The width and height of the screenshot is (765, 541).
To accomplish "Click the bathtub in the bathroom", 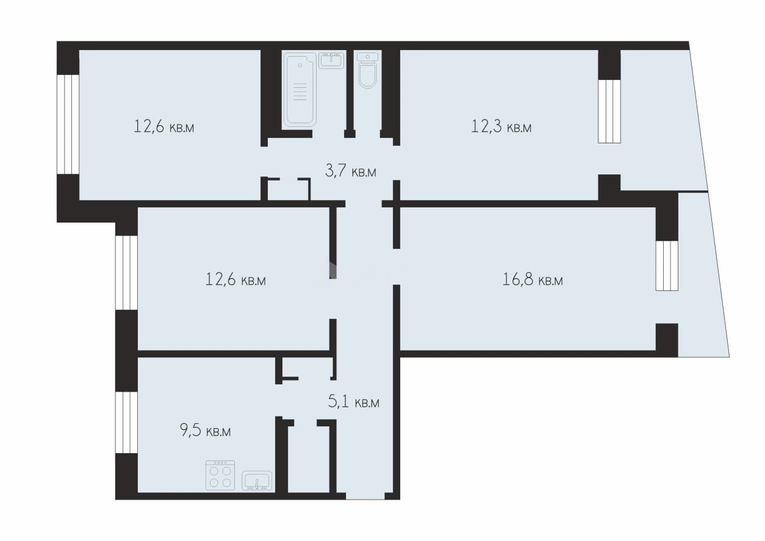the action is pos(300,90).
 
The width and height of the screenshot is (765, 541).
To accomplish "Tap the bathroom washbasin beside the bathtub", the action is pos(331,60).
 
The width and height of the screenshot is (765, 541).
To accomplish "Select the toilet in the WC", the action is pos(367,70).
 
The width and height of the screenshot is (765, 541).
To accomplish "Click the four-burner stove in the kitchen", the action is pos(220,475).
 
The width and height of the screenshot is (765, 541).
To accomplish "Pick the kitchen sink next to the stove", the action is pos(257,481).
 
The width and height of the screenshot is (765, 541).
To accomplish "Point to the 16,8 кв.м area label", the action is pos(533,280).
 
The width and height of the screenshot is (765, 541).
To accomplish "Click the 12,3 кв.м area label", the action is pos(501,126).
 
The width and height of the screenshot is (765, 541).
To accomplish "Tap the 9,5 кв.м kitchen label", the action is pos(205,431).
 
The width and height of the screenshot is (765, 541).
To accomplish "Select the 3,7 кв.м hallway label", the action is pos(351,171).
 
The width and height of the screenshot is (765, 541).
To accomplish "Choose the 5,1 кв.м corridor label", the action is pos(353,402).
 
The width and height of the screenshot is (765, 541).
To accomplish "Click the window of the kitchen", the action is pos(126,422).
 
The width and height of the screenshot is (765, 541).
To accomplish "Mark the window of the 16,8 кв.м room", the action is pos(667,266).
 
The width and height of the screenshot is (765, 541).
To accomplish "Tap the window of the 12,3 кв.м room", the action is pos(609,112).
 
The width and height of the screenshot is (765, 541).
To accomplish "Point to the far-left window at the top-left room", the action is pos(68,124).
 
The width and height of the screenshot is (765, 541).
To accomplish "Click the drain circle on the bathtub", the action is pos(300,65).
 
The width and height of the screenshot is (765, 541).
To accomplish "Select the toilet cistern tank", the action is pos(367,57).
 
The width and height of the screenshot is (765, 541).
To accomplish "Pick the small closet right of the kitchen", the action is pos(309,458).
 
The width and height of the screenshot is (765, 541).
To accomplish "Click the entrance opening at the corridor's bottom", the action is pos(365,496).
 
